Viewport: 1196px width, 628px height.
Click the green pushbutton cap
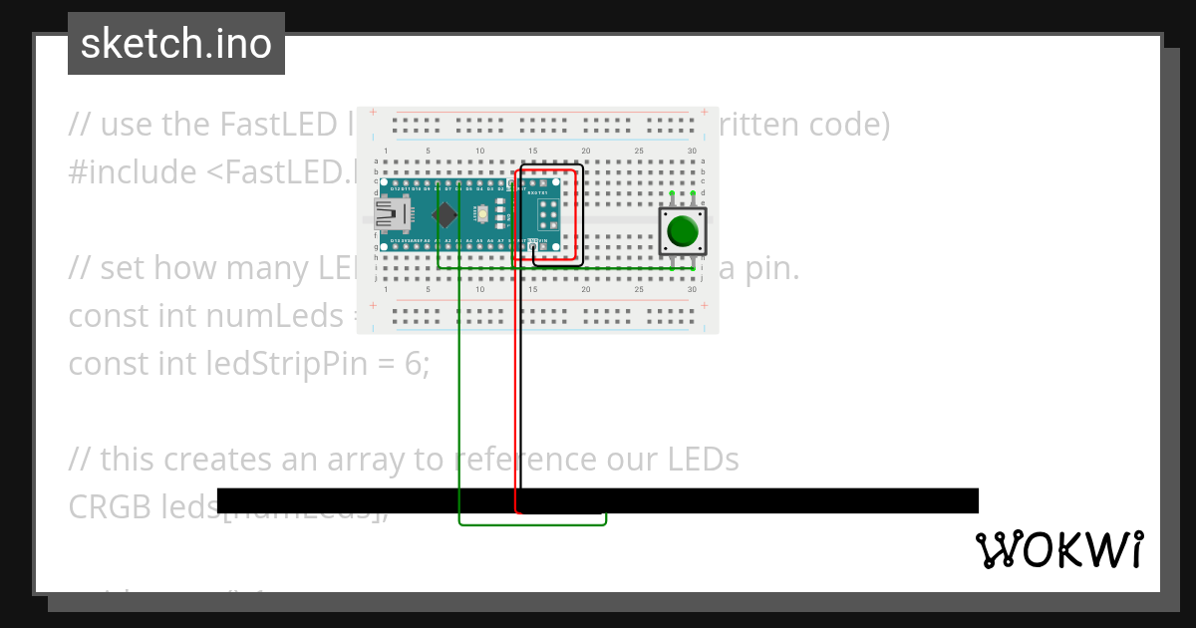click(x=683, y=230)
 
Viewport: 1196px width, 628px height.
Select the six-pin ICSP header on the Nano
click(x=548, y=214)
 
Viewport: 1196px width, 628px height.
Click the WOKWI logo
click(x=1058, y=549)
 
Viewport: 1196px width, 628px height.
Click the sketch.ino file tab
click(x=176, y=44)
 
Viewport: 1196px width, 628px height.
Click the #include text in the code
click(x=132, y=172)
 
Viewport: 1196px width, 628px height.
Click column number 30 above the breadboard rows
click(x=692, y=151)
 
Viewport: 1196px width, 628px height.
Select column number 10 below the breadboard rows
click(x=480, y=289)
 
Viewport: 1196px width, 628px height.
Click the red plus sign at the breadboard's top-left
click(x=373, y=112)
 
